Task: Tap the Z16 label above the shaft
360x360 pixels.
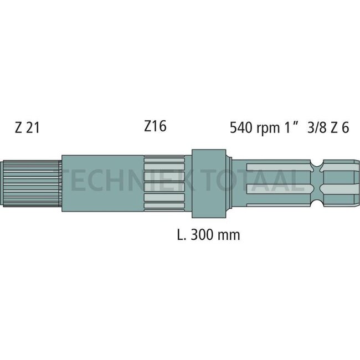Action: tap(155, 126)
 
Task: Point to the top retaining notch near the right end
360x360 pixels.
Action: tap(316, 164)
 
